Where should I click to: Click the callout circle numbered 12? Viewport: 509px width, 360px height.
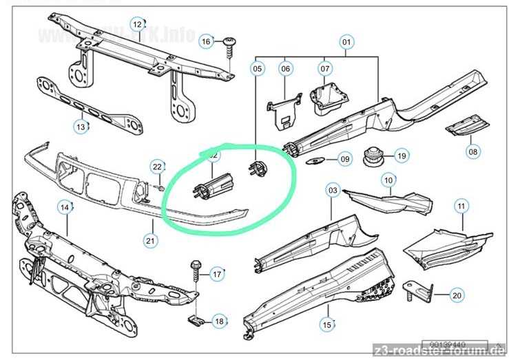click(x=138, y=25)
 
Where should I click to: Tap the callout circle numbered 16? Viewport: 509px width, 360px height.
click(x=206, y=41)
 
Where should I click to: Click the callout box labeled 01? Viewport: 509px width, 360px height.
click(x=346, y=43)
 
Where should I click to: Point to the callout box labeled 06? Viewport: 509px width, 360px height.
click(x=286, y=68)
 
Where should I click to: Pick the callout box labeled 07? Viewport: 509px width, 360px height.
click(x=324, y=68)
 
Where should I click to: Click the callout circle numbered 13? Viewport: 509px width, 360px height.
click(x=82, y=126)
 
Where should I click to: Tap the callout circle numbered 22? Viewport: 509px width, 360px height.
click(x=158, y=167)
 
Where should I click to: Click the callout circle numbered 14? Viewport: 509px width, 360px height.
click(x=65, y=206)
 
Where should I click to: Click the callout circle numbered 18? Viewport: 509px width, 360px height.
click(x=219, y=320)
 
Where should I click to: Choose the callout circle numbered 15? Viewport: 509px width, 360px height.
click(x=328, y=324)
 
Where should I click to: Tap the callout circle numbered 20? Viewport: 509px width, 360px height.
click(x=457, y=295)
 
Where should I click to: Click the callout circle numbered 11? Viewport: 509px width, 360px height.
click(x=461, y=205)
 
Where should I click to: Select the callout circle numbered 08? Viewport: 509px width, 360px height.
click(x=473, y=151)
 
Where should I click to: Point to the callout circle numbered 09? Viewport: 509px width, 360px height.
click(x=344, y=160)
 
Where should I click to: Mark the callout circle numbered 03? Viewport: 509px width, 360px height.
click(x=333, y=189)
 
